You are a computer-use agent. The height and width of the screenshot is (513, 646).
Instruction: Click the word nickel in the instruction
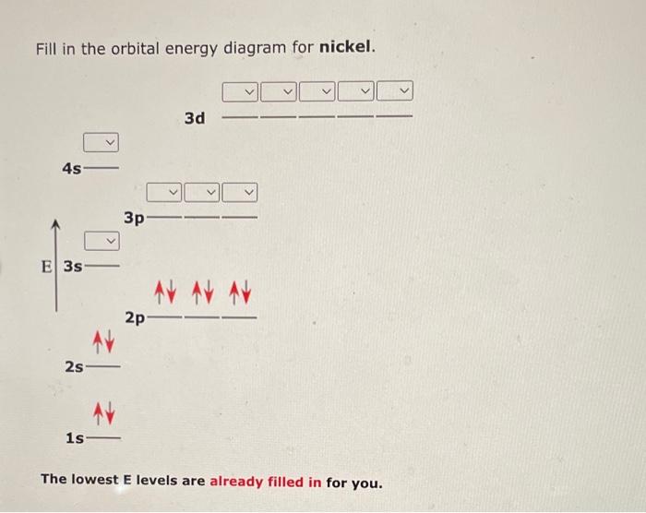pyautogui.click(x=346, y=47)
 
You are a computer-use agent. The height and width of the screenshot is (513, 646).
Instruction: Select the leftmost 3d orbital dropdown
pyautogui.click(x=240, y=91)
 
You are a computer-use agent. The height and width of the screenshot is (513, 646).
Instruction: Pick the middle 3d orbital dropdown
pyautogui.click(x=317, y=91)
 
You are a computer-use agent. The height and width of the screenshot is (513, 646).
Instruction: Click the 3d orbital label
pyautogui.click(x=195, y=118)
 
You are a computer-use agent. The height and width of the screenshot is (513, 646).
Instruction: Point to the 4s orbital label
pyautogui.click(x=71, y=169)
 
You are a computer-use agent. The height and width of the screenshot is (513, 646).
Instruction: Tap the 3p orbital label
pyautogui.click(x=135, y=219)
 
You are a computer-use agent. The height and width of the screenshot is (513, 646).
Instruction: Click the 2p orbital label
pyautogui.click(x=135, y=318)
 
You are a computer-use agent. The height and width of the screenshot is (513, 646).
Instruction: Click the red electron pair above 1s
pyautogui.click(x=102, y=411)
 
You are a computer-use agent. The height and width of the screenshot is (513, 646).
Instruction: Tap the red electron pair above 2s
pyautogui.click(x=102, y=344)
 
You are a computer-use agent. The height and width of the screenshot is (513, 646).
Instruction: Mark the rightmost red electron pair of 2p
pyautogui.click(x=242, y=293)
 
